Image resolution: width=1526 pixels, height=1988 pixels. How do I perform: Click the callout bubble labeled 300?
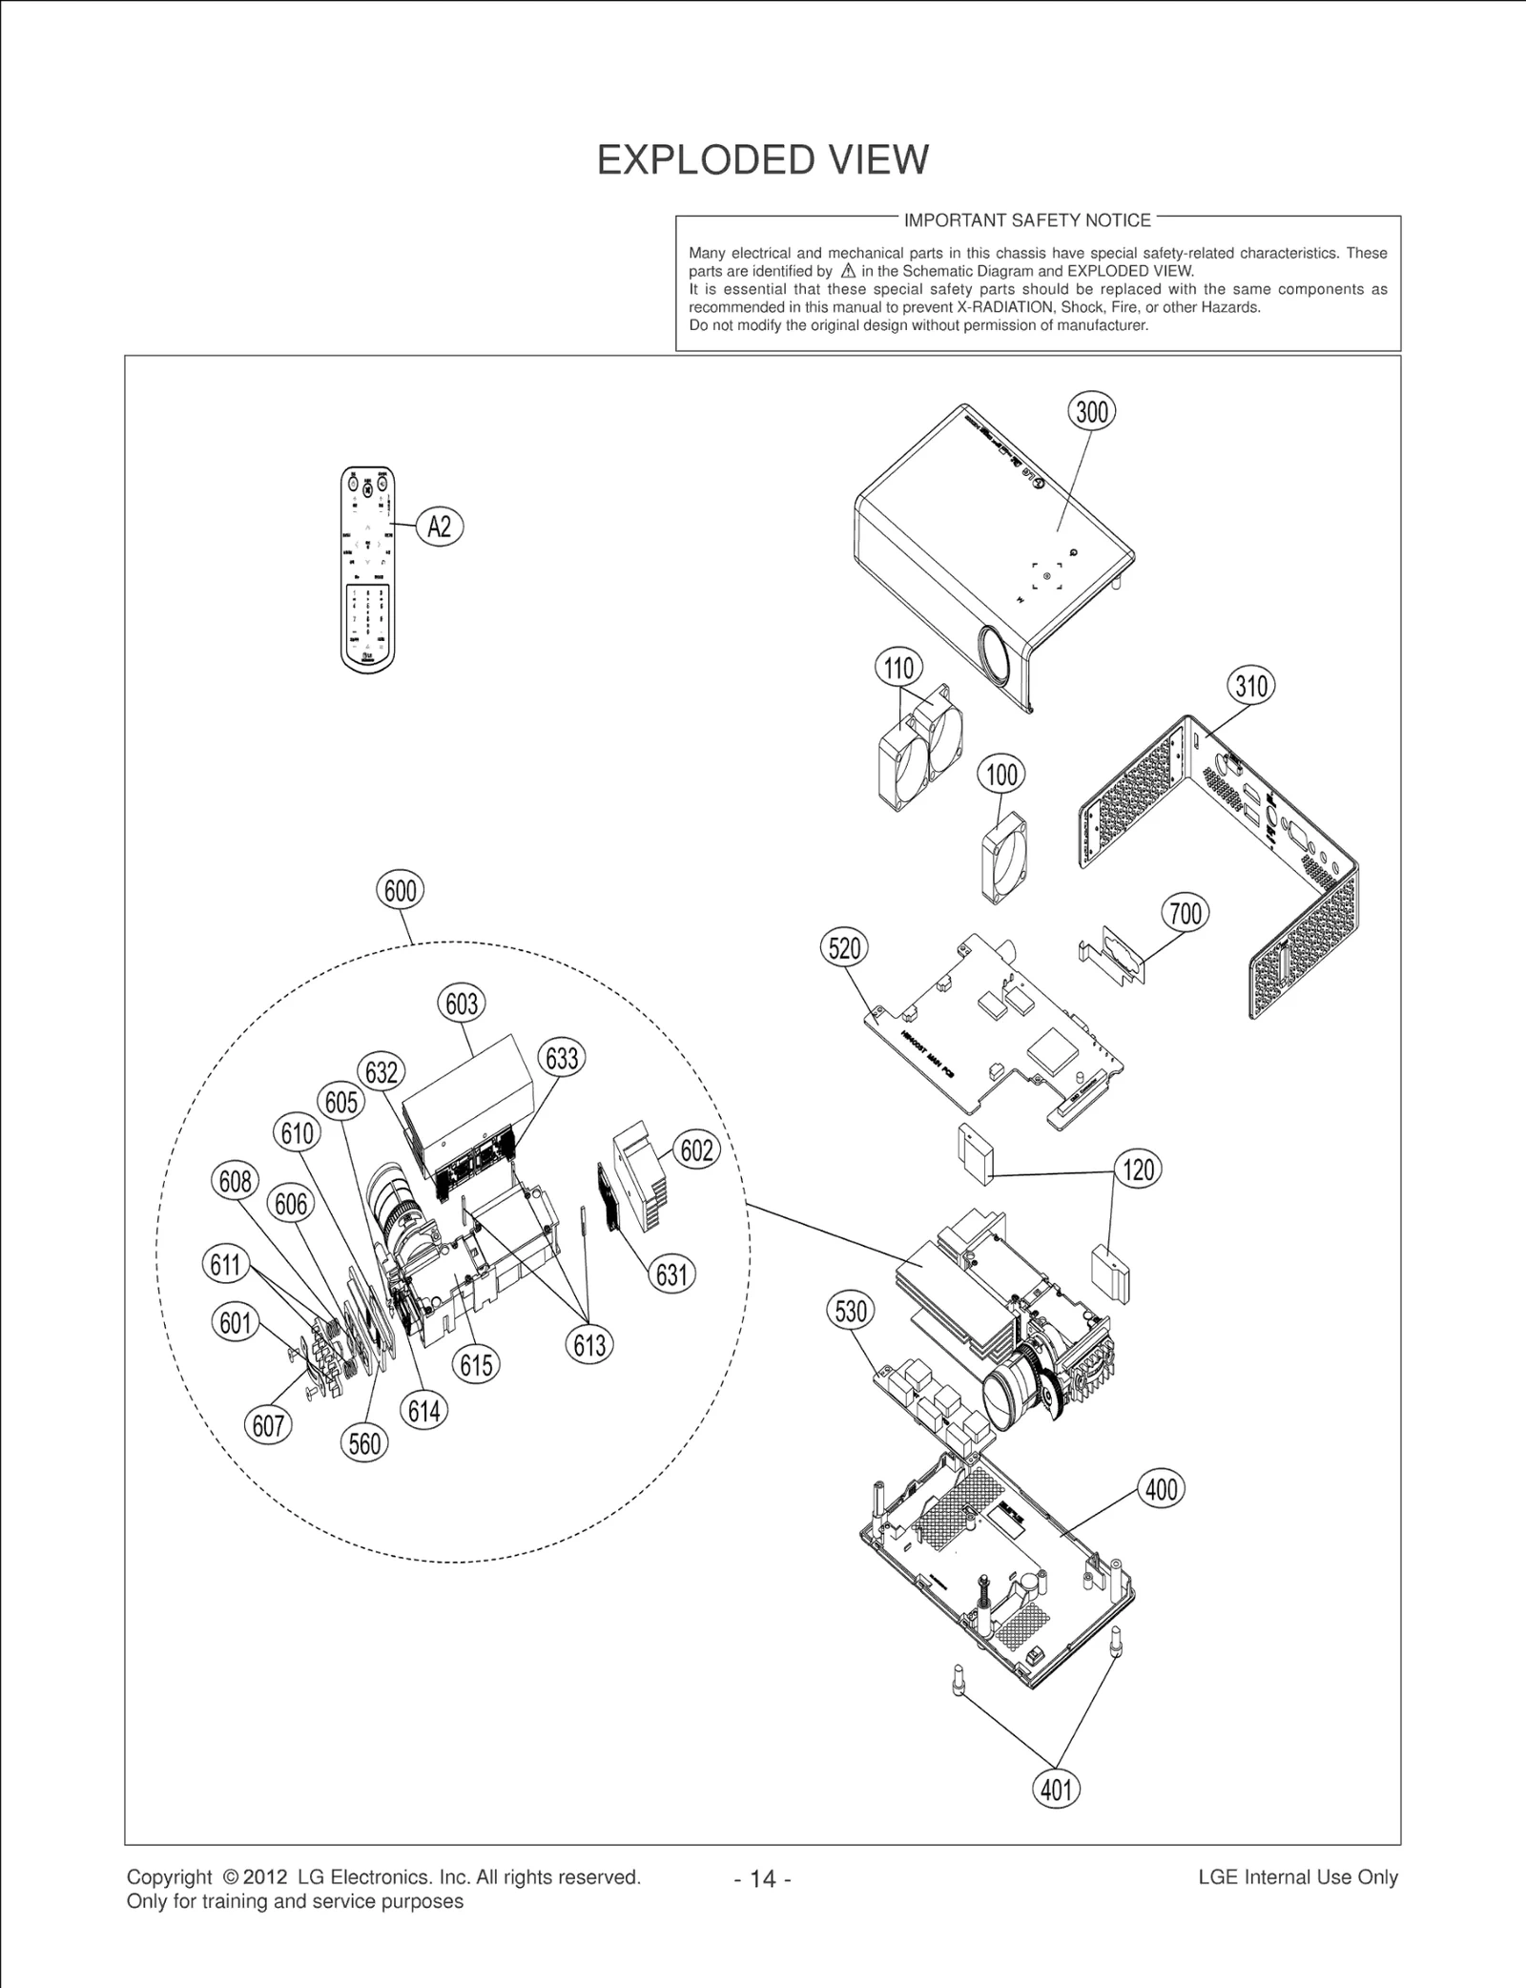[x=1091, y=411]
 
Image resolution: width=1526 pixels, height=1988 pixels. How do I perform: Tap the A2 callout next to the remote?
[x=439, y=527]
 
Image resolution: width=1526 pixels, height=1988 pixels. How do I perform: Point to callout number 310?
[x=1250, y=686]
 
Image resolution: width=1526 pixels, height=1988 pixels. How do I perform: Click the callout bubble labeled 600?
[x=400, y=890]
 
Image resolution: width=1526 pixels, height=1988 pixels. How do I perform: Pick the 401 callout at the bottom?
[x=1056, y=1789]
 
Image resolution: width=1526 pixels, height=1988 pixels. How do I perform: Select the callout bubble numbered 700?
[x=1186, y=913]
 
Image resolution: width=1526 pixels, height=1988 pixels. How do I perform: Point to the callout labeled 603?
[x=462, y=1004]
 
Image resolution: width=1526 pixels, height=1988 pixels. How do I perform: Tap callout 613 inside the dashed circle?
[x=589, y=1345]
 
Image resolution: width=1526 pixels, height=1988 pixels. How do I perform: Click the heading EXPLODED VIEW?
[x=762, y=160]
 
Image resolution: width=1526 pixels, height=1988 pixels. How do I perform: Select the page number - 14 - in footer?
[x=762, y=1879]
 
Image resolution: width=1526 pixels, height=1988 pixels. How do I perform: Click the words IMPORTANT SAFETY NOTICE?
[x=1027, y=220]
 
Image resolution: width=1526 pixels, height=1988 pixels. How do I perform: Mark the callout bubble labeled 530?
[x=850, y=1311]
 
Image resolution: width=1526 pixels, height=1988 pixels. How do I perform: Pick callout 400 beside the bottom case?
[x=1161, y=1489]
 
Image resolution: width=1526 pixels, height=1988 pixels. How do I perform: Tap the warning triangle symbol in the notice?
[x=848, y=271]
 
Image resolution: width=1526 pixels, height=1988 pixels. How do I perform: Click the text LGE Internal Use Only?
[x=1297, y=1877]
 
